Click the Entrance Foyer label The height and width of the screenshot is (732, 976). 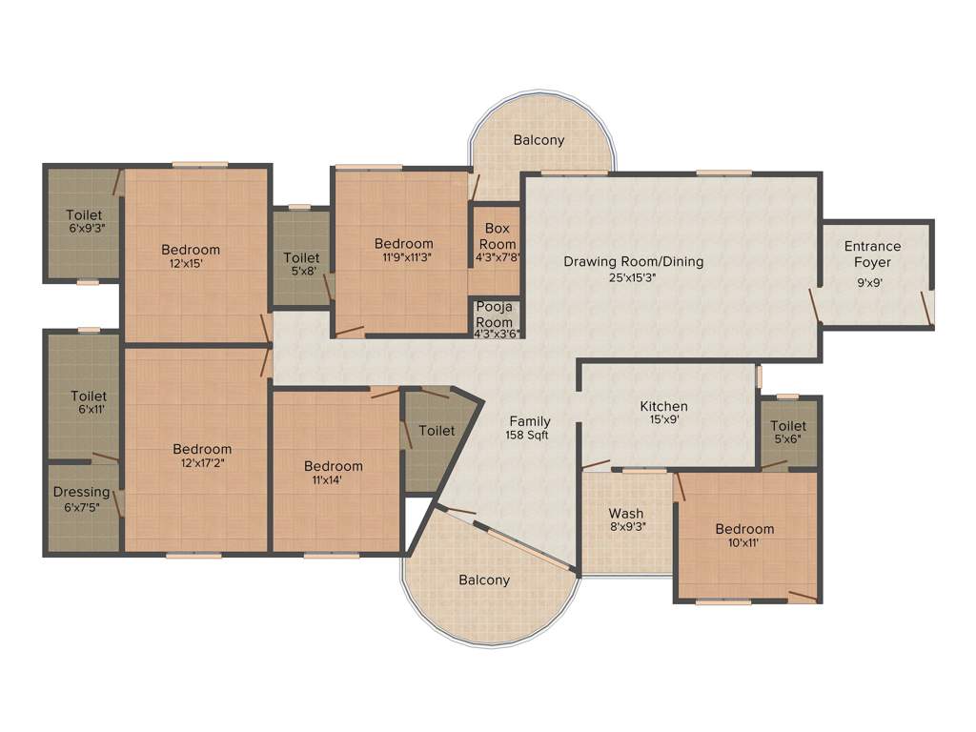(x=872, y=254)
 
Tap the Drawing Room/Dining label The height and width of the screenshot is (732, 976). (x=633, y=261)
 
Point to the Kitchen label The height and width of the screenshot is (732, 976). (x=663, y=406)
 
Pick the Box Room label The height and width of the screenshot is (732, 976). (x=498, y=236)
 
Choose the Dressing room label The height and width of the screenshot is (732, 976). (x=81, y=492)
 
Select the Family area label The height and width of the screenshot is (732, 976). (x=530, y=421)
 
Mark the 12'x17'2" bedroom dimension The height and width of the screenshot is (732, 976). (x=201, y=463)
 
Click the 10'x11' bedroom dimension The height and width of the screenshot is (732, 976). (x=744, y=543)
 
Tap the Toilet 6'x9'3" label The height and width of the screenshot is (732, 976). (x=85, y=221)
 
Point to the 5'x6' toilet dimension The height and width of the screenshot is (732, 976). (x=788, y=439)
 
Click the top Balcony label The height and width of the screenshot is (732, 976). (x=539, y=140)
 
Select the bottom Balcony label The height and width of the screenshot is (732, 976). (x=484, y=579)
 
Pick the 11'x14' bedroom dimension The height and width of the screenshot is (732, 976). (x=333, y=480)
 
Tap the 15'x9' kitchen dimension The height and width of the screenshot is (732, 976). (x=663, y=419)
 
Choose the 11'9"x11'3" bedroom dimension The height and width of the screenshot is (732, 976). (x=403, y=257)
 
